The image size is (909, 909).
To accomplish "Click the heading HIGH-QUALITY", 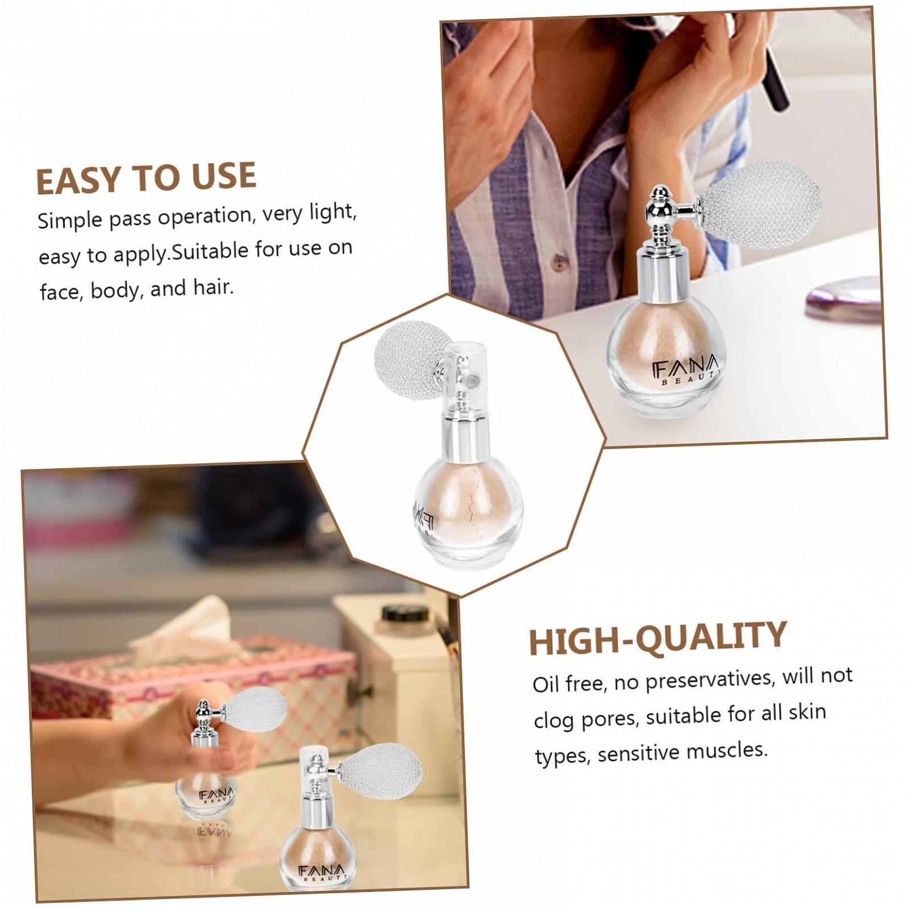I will click(x=657, y=638).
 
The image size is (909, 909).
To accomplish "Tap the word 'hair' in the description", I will click(x=211, y=287).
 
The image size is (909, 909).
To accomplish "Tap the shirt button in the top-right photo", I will click(x=560, y=262).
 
